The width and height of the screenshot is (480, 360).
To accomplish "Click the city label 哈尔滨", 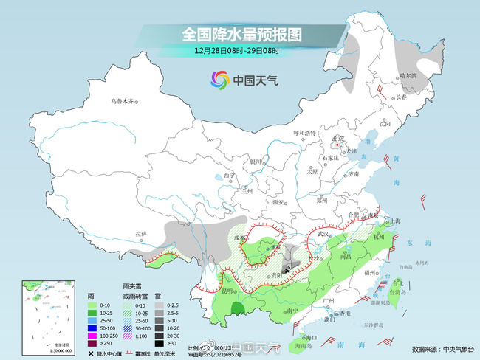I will [x=408, y=75].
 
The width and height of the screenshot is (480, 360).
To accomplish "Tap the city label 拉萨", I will [x=142, y=234].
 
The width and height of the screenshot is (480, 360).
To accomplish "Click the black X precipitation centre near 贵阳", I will [x=287, y=271].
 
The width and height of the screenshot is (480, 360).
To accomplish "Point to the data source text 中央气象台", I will [x=457, y=349].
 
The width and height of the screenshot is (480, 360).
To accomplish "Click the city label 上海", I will [x=397, y=221].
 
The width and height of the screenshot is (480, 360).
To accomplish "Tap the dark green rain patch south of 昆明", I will [x=237, y=308].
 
